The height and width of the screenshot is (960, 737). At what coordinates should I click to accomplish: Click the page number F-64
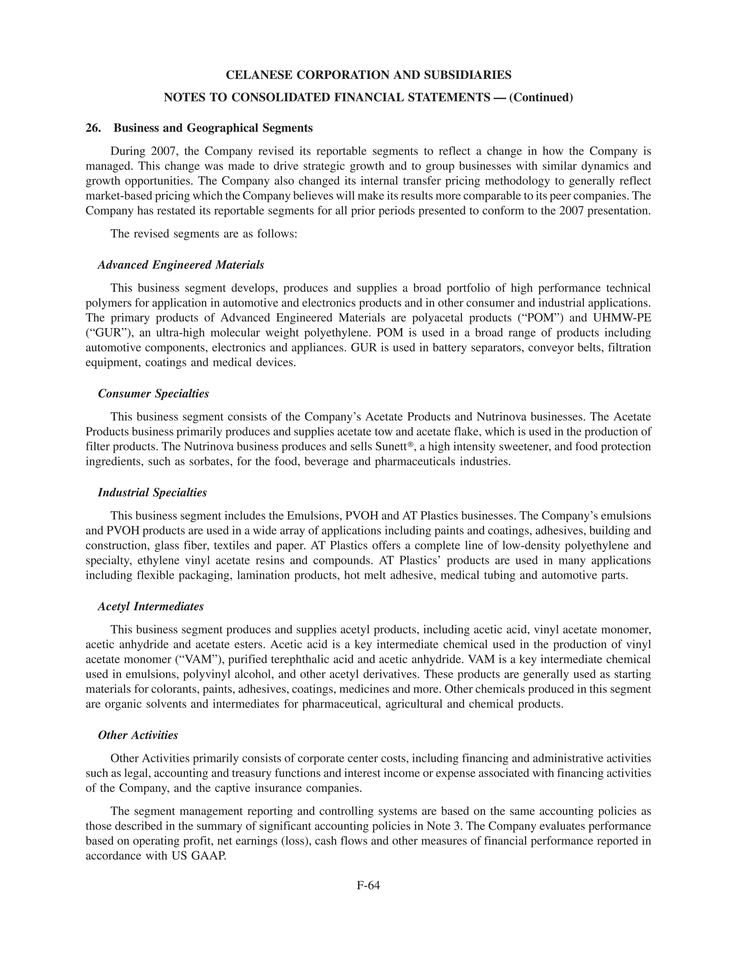pyautogui.click(x=368, y=885)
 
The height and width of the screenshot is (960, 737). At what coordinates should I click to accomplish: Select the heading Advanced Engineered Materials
pyautogui.click(x=181, y=265)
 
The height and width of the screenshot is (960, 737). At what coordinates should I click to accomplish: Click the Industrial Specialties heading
pyautogui.click(x=152, y=493)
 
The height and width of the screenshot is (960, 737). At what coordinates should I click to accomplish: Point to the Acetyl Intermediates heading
pyautogui.click(x=150, y=607)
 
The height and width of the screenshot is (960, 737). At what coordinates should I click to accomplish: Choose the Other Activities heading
pyautogui.click(x=138, y=735)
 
